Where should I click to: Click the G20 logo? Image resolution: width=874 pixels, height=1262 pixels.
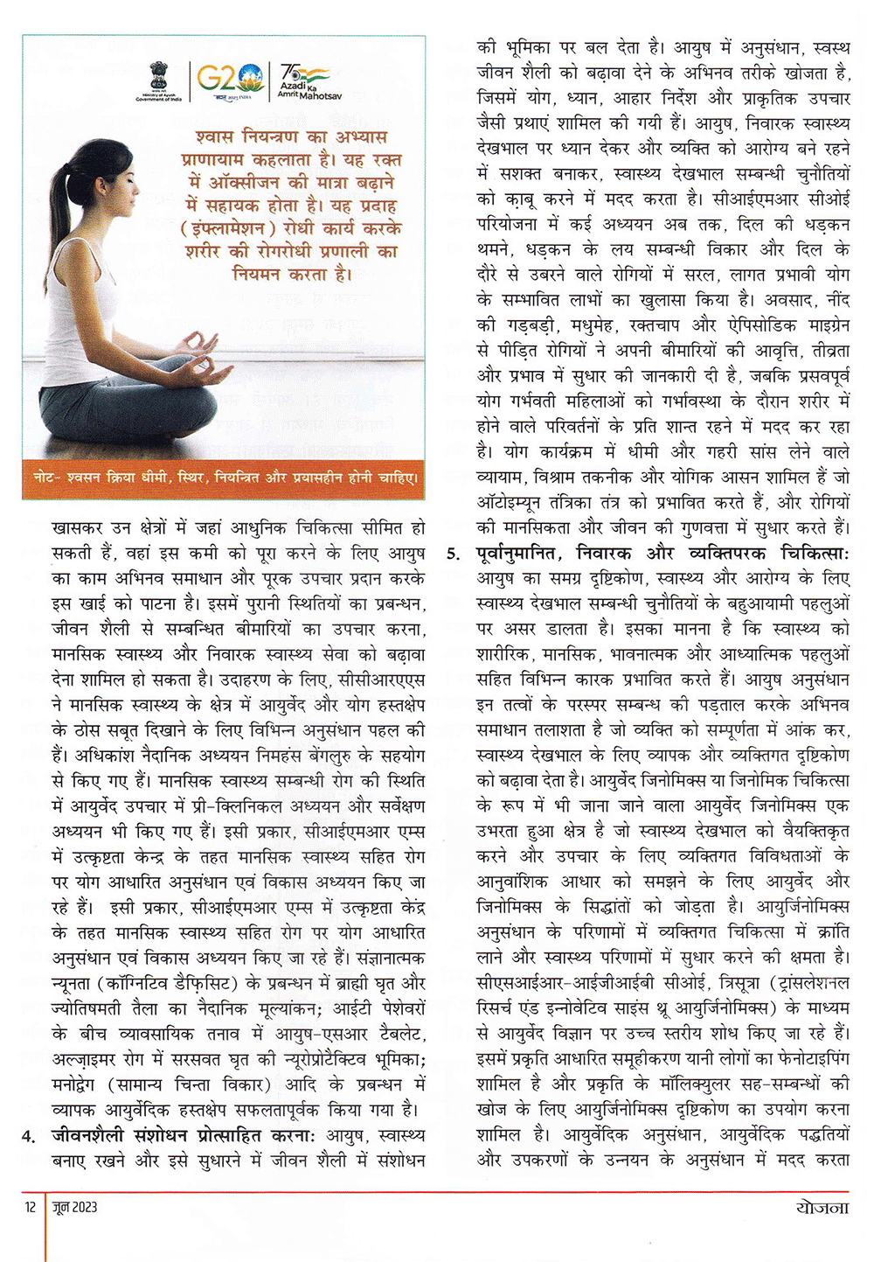click(x=230, y=80)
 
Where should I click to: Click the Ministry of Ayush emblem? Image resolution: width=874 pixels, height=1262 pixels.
click(x=158, y=80)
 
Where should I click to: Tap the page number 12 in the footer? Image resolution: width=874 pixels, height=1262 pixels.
click(x=31, y=1208)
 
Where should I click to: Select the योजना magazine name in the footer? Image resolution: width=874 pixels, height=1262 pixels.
click(x=822, y=1208)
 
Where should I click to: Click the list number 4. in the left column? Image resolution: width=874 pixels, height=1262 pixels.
click(x=30, y=1136)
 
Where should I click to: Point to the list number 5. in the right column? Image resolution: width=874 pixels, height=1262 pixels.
click(x=453, y=554)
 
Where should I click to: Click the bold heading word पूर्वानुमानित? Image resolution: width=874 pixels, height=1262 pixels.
click(x=522, y=554)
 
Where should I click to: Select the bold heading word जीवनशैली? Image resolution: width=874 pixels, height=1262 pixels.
click(x=90, y=1135)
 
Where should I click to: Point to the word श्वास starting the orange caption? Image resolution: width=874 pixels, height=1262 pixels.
click(x=214, y=138)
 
